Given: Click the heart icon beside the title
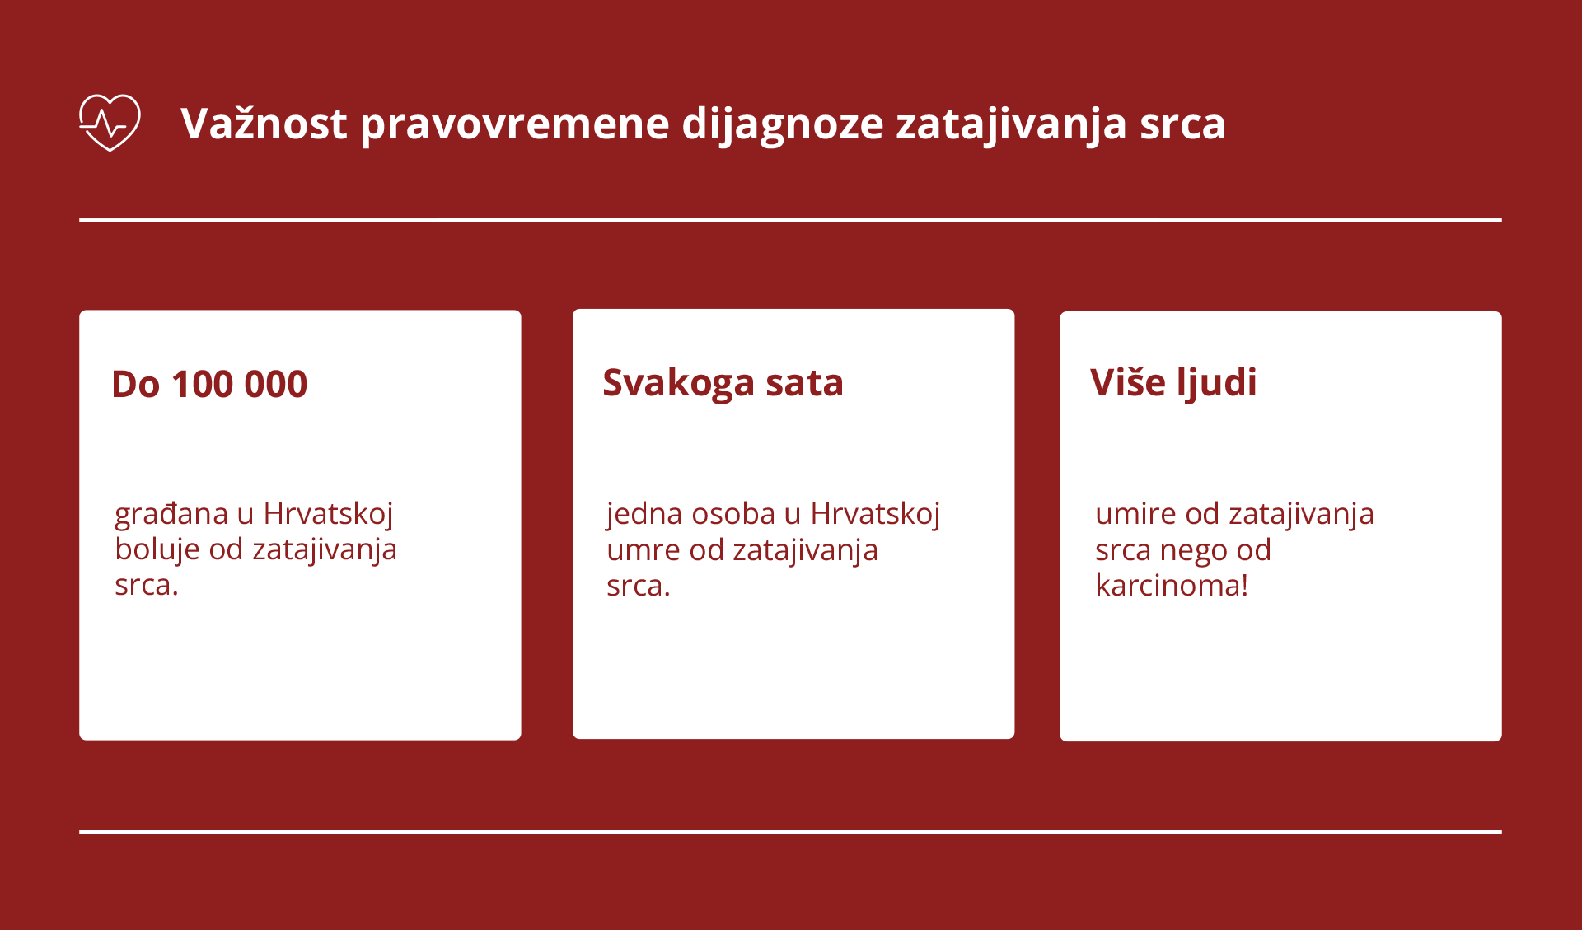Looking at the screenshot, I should point(110,123).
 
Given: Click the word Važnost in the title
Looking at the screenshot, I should point(264,124).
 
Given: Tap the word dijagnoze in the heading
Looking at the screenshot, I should point(782,124).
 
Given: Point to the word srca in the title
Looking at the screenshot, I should point(1182,124).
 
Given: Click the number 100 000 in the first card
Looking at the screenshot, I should point(239,385).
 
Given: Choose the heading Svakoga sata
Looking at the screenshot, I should point(723,383).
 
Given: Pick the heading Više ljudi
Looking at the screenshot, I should point(1173,383).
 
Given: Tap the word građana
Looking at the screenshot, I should point(171,514).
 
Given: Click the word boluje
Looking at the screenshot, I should point(157,549).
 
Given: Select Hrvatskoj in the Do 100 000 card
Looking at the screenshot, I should point(328,514).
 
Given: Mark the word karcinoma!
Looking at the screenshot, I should point(1172,586).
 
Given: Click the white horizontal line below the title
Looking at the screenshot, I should point(790,220).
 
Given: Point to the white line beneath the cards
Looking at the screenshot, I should point(790,831).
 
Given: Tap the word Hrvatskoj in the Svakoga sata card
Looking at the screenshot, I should point(875,514).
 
